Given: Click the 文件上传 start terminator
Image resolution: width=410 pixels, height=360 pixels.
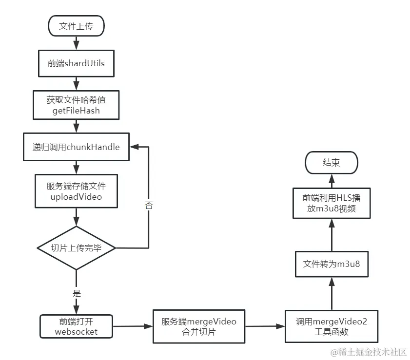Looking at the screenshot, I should [x=76, y=25].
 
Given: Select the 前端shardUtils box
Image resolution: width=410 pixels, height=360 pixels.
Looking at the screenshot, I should [x=76, y=63].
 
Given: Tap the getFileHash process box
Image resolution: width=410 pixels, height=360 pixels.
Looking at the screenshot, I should [x=76, y=105].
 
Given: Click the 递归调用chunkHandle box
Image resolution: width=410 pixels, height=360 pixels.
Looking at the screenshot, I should [x=76, y=147].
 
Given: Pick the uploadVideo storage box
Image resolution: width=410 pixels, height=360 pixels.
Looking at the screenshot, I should [x=76, y=190].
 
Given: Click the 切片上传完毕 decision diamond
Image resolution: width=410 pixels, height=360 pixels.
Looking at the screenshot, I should [x=76, y=248].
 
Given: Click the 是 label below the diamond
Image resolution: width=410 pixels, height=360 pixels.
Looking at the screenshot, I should [x=77, y=294].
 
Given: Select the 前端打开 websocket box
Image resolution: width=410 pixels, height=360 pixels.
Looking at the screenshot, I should [x=76, y=326].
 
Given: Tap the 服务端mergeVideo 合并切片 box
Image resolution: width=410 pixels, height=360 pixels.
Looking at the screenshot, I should [x=198, y=326].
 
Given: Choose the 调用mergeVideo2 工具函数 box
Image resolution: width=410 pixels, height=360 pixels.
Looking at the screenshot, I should [x=332, y=326].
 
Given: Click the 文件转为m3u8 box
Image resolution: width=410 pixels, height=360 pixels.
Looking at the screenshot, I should [x=332, y=264].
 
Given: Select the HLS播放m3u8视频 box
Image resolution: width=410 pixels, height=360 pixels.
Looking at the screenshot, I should [x=332, y=204].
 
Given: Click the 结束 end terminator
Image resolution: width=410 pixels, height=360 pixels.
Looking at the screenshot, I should [x=332, y=163].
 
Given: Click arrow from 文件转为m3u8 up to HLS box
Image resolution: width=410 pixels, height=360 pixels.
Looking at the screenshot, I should [x=332, y=235].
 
